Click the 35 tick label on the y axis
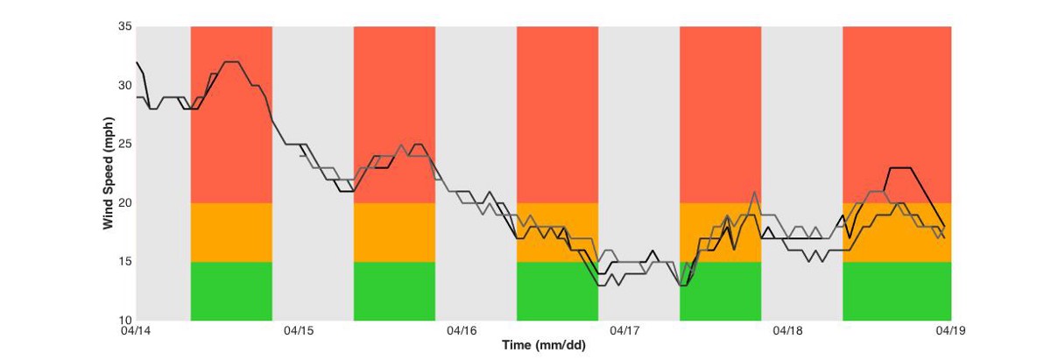click(x=124, y=26)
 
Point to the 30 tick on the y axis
click(x=124, y=86)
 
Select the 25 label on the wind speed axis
click(x=124, y=145)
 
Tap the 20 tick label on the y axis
click(x=124, y=202)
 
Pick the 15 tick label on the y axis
click(x=124, y=261)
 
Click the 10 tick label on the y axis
click(x=124, y=320)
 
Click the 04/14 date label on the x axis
click(x=136, y=331)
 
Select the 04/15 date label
click(x=299, y=331)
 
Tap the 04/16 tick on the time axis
click(x=462, y=331)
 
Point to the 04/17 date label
click(x=624, y=331)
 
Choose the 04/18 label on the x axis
click(x=787, y=331)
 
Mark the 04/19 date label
click(x=950, y=331)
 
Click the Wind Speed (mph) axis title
click(x=109, y=173)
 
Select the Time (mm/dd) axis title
click(x=544, y=345)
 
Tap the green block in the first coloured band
click(x=231, y=291)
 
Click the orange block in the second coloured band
click(x=394, y=232)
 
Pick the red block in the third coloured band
click(x=557, y=115)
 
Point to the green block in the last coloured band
click(x=897, y=291)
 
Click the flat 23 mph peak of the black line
click(x=900, y=167)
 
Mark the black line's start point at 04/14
click(x=137, y=62)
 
